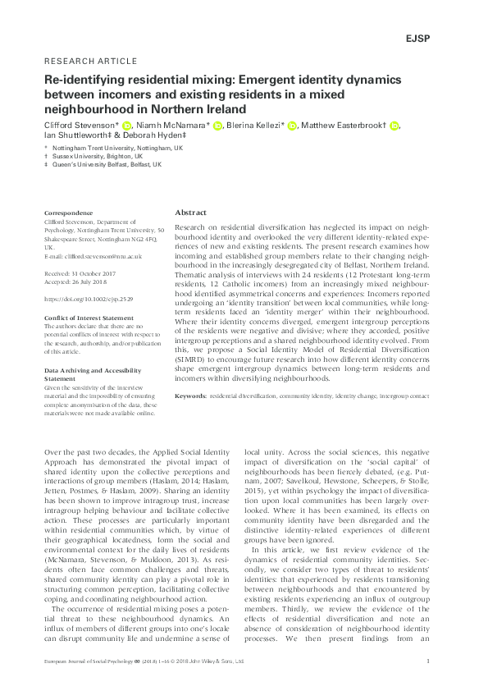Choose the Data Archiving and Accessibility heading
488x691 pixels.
(x=88, y=370)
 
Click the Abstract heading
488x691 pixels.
(x=192, y=211)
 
